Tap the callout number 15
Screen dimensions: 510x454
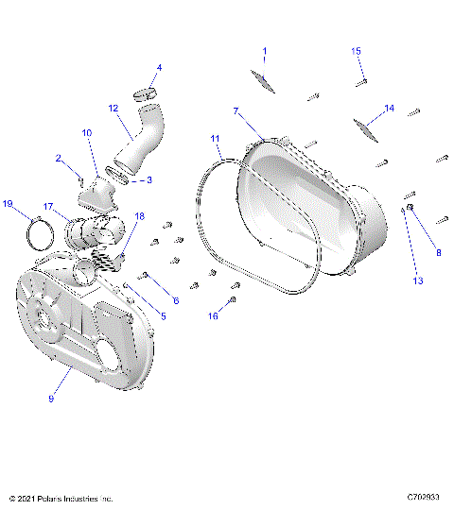(x=357, y=51)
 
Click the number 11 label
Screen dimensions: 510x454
(x=216, y=139)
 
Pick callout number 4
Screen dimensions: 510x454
(x=159, y=68)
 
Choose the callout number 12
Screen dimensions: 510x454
(x=112, y=109)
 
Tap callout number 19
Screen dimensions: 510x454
(x=8, y=203)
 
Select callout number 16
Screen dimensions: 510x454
(x=213, y=316)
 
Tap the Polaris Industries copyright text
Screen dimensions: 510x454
(x=61, y=497)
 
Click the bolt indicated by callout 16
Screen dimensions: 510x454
(x=234, y=300)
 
